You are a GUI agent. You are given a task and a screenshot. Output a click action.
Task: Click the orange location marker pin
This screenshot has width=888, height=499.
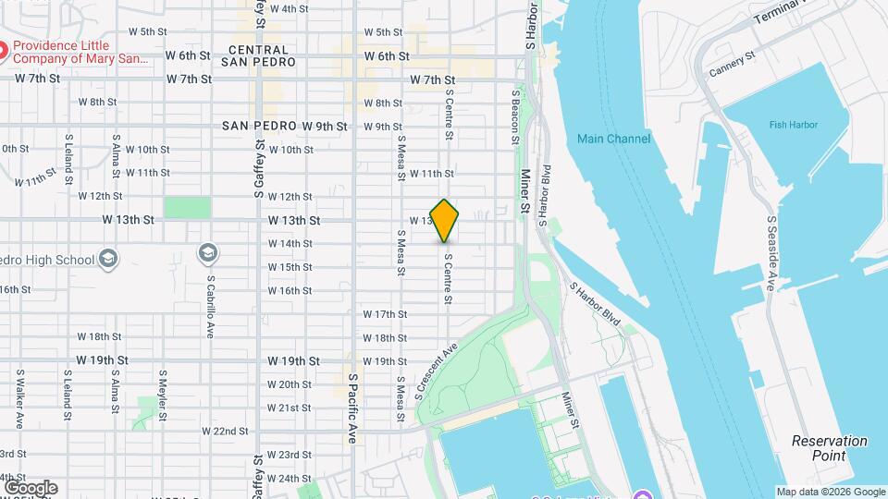[x=445, y=221]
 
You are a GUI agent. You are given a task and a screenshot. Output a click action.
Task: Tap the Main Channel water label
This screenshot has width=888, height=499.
[x=613, y=139]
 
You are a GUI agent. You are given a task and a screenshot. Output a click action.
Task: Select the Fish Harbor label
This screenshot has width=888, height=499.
[x=786, y=125]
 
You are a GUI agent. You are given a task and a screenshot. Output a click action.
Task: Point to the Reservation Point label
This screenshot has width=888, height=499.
[x=830, y=448]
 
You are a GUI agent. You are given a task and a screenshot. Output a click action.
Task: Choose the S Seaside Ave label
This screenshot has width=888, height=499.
[x=771, y=253]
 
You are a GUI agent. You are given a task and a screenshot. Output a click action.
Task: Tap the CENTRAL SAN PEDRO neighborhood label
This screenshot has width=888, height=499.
[x=258, y=55]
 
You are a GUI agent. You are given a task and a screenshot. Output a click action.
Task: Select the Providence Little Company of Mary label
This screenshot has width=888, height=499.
[x=80, y=52]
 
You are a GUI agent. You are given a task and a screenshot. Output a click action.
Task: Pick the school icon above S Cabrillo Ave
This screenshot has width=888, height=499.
[x=208, y=252]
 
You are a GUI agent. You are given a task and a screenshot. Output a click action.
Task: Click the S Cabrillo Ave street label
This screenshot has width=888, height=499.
[x=211, y=306]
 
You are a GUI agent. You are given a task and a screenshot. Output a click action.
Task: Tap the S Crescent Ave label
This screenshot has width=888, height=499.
[x=436, y=371]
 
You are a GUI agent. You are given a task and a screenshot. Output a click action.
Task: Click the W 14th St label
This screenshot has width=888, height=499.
[x=290, y=244]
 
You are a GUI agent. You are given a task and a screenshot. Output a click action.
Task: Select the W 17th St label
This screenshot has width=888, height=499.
[x=385, y=314]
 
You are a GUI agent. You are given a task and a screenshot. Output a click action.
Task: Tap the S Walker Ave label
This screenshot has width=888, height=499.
[x=19, y=399]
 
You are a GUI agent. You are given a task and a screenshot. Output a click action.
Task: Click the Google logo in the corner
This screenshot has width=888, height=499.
[x=30, y=487]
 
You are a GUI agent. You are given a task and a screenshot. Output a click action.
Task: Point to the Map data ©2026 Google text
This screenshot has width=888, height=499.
[x=830, y=492]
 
